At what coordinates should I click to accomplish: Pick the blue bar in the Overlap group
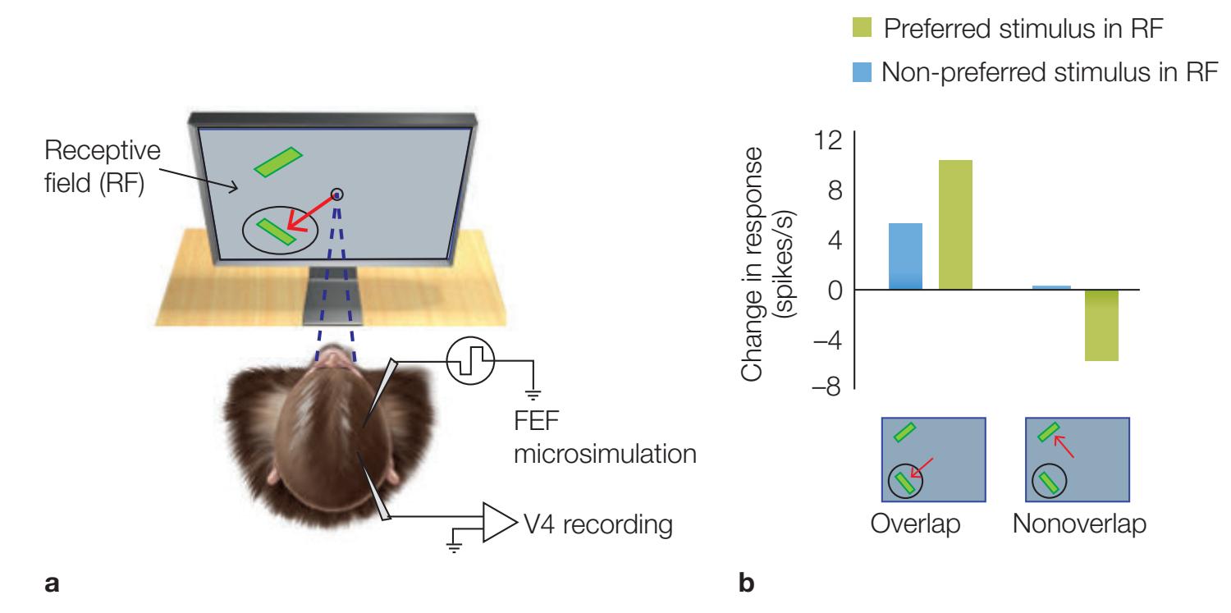point(905,256)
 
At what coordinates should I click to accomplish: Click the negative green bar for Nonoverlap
point(1101,325)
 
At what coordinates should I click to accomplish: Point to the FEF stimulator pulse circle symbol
point(470,361)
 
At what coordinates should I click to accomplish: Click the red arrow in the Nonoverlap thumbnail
point(1065,447)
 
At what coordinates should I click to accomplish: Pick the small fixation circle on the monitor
point(337,194)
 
